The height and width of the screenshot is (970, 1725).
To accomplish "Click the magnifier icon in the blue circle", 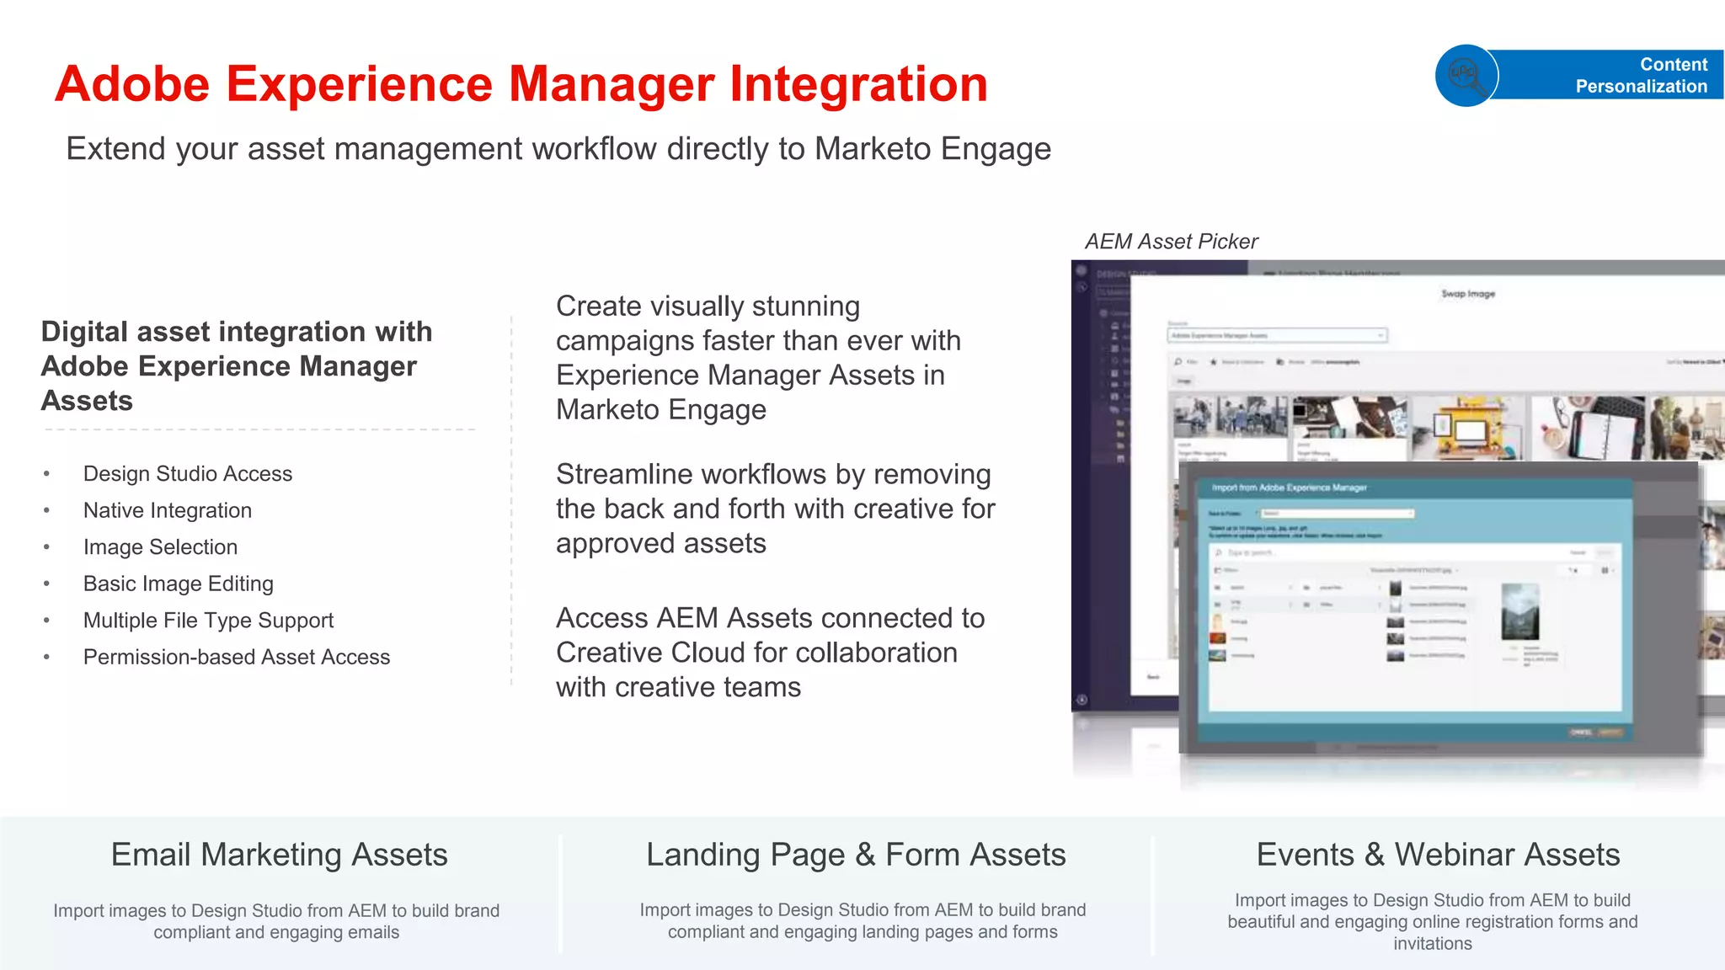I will (1466, 75).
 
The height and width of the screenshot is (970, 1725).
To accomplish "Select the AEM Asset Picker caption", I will (1171, 242).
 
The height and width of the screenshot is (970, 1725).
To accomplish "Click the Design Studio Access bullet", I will (187, 474).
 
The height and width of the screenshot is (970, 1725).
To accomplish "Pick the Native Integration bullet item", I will (167, 510).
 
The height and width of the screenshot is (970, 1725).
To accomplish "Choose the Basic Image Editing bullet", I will (178, 584).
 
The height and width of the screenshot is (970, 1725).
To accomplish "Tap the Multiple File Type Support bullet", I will (208, 621).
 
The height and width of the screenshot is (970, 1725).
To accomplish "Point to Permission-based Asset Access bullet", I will (236, 657).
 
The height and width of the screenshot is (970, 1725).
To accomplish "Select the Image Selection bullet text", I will (160, 547).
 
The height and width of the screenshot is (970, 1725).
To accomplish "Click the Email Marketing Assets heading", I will (279, 855).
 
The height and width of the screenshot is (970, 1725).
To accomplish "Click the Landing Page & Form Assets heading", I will (856, 855).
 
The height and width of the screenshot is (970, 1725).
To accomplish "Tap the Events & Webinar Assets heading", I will (1438, 855).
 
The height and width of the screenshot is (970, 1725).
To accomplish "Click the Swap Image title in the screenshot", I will (1468, 294).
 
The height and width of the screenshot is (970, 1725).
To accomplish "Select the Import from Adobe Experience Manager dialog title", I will (1289, 488).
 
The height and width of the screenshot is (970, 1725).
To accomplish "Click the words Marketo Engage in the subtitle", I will (932, 149).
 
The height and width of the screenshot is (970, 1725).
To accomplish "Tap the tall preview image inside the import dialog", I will (1519, 612).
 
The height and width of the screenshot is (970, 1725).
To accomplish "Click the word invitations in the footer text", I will (1432, 944).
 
